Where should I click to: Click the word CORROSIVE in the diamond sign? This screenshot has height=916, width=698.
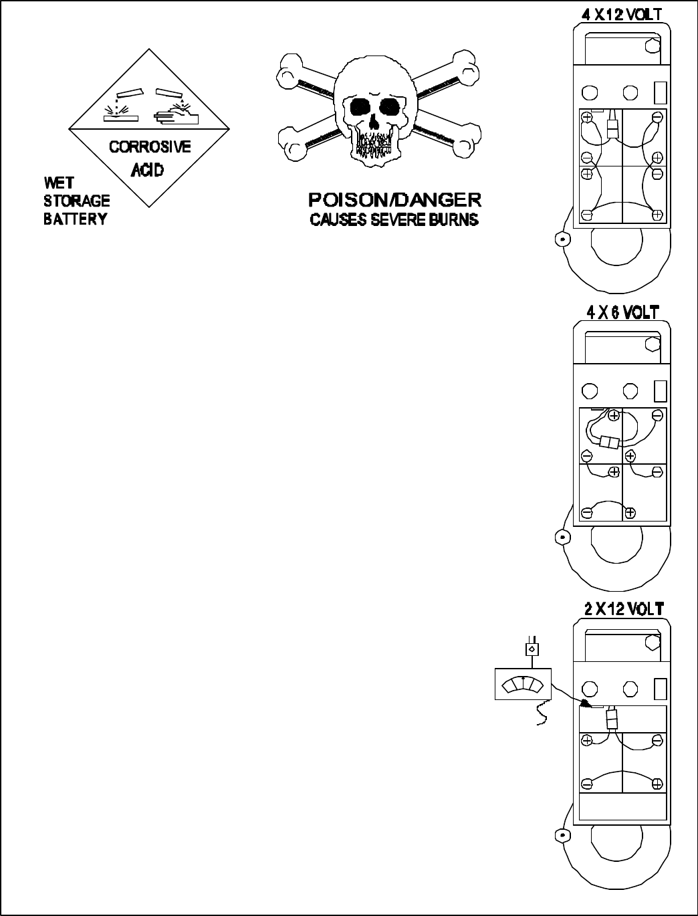point(150,146)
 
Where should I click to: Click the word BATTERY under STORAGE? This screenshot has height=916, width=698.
point(75,219)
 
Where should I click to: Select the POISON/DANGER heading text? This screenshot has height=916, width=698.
point(394,200)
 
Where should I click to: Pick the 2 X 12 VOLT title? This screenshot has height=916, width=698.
point(620,609)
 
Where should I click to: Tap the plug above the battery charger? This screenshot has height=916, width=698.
point(532,648)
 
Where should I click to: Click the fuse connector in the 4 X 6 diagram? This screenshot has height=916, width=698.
point(610,442)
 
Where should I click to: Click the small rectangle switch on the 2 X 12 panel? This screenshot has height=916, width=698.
point(659,689)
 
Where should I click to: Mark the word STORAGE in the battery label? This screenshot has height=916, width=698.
point(77,201)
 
